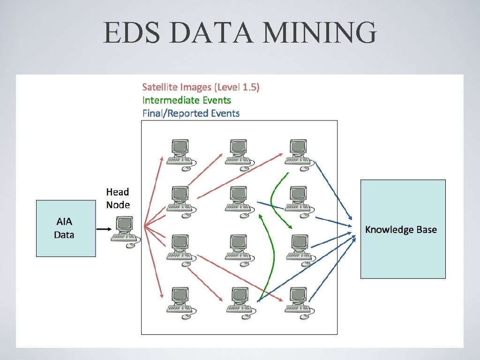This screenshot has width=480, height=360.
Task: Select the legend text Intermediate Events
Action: coord(187,100)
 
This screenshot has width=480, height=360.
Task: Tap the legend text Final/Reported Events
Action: coord(191,113)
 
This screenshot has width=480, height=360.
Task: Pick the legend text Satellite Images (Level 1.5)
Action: coord(201,87)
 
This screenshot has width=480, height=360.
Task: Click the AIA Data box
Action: coord(66,228)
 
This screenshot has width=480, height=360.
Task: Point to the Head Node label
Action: coord(118,198)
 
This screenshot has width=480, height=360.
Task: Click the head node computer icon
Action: coord(125,231)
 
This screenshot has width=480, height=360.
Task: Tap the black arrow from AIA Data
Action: coord(104,229)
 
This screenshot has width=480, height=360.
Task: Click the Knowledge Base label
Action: coord(401,230)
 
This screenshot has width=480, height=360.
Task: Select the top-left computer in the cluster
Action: coord(180,152)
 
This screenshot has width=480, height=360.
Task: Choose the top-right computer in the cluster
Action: coord(298,152)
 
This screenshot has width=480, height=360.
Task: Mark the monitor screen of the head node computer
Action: coord(125,224)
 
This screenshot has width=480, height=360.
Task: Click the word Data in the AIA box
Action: coord(64,234)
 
